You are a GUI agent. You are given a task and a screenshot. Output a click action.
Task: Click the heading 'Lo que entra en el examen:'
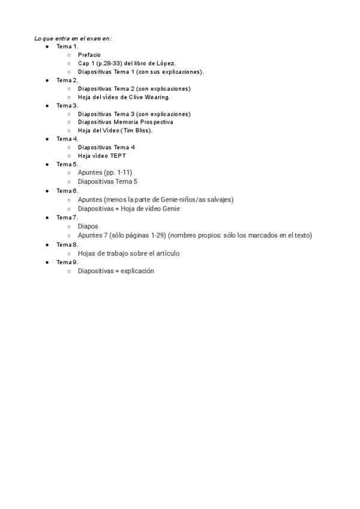pos(73,38)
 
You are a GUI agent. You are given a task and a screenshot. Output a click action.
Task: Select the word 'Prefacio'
pos(89,55)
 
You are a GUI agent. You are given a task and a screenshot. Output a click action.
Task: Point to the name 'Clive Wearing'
pos(149,97)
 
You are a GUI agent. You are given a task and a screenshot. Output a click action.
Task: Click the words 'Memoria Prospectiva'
pos(143,122)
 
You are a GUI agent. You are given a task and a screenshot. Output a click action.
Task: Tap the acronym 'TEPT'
pos(118,155)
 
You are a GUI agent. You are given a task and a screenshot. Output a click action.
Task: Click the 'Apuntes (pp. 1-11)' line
pos(105,172)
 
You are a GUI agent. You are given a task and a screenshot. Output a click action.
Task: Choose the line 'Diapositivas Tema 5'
pos(107,181)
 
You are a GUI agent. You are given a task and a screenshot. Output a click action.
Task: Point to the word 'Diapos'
pos(88,227)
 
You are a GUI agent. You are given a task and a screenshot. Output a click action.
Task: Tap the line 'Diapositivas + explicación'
pos(116,271)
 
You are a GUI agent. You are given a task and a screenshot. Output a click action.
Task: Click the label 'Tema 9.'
pos(67,262)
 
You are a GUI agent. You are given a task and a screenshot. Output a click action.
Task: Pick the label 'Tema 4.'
pos(67,139)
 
